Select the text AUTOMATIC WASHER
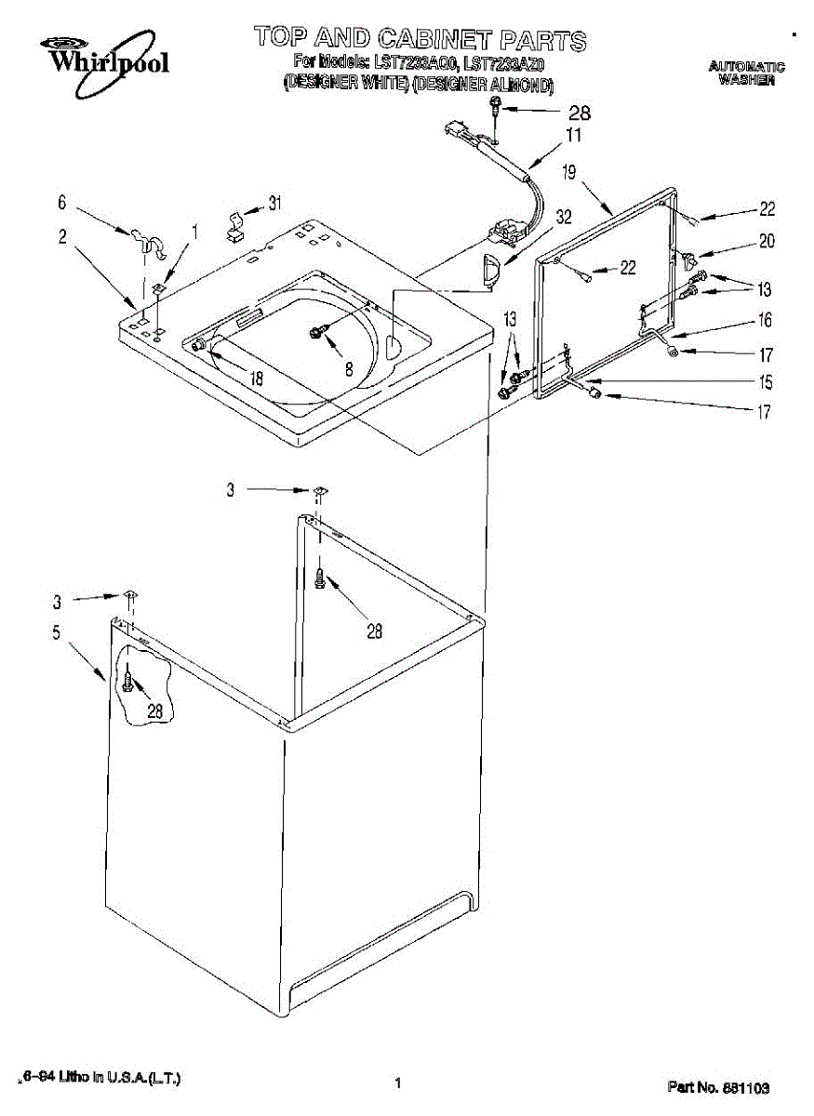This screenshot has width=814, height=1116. (x=746, y=73)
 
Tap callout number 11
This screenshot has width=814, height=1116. (x=574, y=136)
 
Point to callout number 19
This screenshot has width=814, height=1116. (x=570, y=172)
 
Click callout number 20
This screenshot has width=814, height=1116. (x=766, y=241)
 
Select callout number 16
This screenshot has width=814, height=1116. (x=765, y=321)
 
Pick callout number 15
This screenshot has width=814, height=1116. (x=765, y=381)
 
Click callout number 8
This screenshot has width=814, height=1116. (x=349, y=368)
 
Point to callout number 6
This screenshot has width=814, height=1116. (x=61, y=201)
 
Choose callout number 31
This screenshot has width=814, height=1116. (x=275, y=202)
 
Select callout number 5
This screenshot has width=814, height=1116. (x=56, y=633)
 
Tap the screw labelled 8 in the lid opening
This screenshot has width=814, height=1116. (x=315, y=332)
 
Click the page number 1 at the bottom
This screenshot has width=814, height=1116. (x=397, y=1083)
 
